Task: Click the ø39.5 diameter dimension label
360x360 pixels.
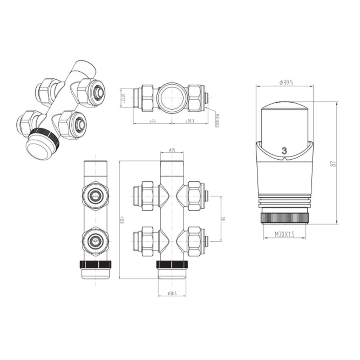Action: pos(284,82)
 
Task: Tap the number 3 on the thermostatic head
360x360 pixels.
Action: pos(284,151)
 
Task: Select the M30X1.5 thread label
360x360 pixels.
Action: pos(284,234)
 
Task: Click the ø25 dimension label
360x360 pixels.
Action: pos(172,150)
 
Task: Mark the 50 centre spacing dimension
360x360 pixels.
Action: pos(224,219)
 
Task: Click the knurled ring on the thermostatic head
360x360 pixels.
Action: pos(284,218)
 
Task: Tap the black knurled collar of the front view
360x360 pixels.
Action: pos(172,264)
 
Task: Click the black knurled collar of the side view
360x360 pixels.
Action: pos(96,264)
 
